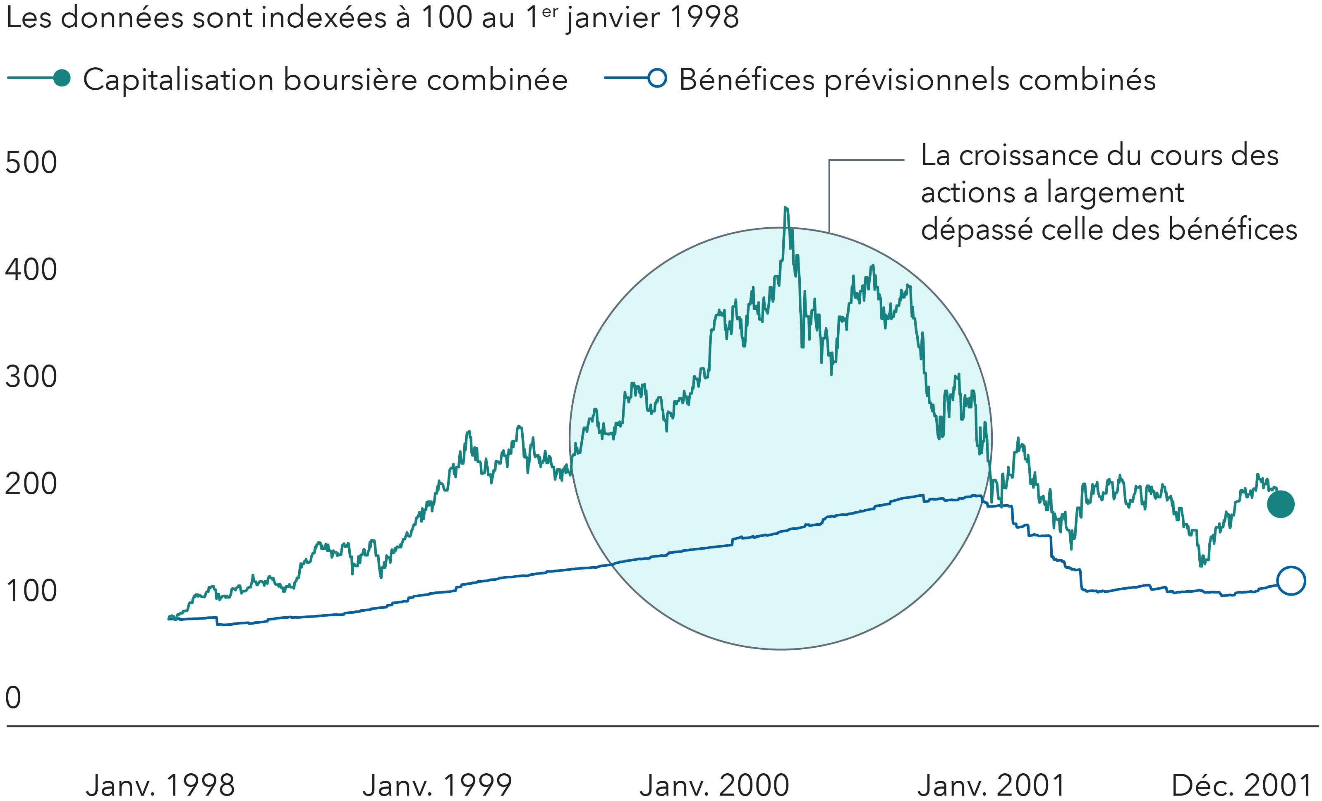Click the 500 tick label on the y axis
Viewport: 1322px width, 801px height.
[31, 162]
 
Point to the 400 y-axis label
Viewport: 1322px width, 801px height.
[31, 269]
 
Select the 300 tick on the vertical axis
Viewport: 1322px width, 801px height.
[31, 377]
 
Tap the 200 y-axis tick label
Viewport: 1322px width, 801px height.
[31, 484]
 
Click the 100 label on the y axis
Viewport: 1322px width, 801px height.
[31, 591]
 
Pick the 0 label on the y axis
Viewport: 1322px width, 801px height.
[13, 698]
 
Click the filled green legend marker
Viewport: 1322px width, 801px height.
[62, 78]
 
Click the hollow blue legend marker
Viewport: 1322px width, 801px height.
[657, 78]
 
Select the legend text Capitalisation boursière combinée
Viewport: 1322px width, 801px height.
[325, 81]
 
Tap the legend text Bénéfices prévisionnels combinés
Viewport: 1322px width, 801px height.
[917, 81]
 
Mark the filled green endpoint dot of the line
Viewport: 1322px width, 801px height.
[1281, 505]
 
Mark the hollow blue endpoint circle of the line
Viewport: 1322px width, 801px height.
[1291, 581]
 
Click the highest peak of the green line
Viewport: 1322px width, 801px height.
[786, 208]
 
